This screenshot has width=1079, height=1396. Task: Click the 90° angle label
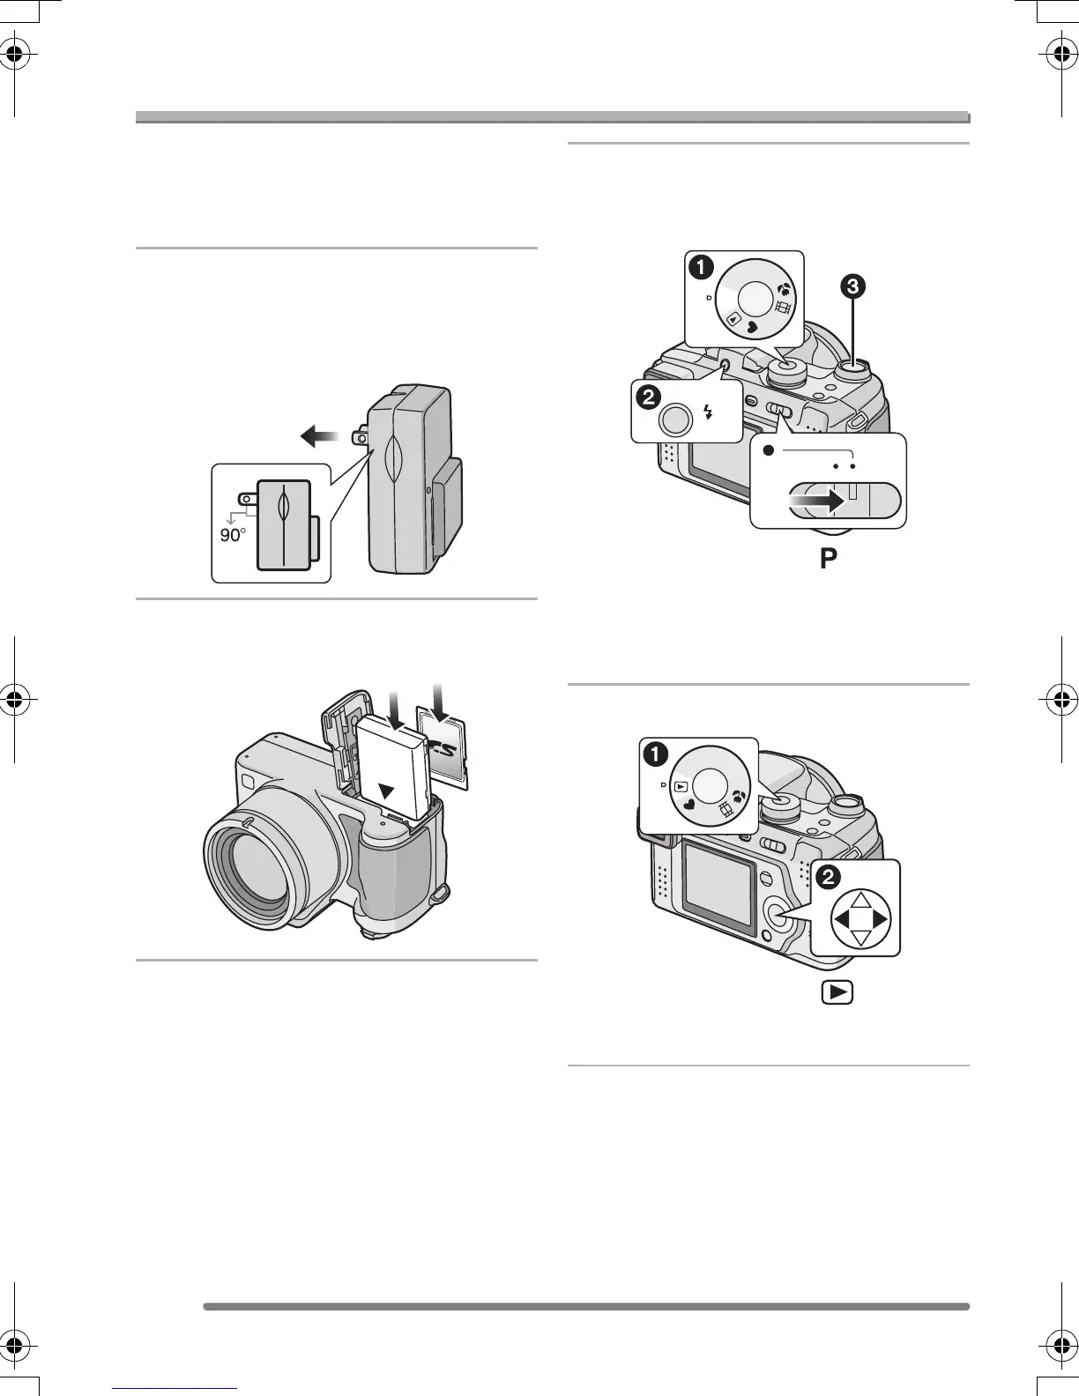232,535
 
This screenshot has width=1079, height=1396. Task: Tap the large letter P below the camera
828,559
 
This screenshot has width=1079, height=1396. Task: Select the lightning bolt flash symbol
708,411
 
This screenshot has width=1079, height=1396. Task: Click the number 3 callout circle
852,286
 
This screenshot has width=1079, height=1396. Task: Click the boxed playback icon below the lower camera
840,992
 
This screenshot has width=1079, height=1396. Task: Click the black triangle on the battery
384,791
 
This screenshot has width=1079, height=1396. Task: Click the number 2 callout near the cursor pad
828,877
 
